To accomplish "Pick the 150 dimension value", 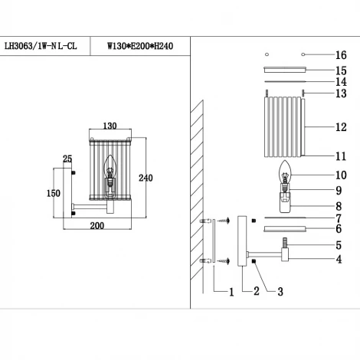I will (53, 193).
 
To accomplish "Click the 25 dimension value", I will (67, 159).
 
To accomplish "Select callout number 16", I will (340, 55).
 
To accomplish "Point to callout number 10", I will (340, 175).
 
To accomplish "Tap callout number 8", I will (340, 205).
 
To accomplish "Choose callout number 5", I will (340, 245).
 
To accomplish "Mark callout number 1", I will (230, 292).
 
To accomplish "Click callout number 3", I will (280, 292).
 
